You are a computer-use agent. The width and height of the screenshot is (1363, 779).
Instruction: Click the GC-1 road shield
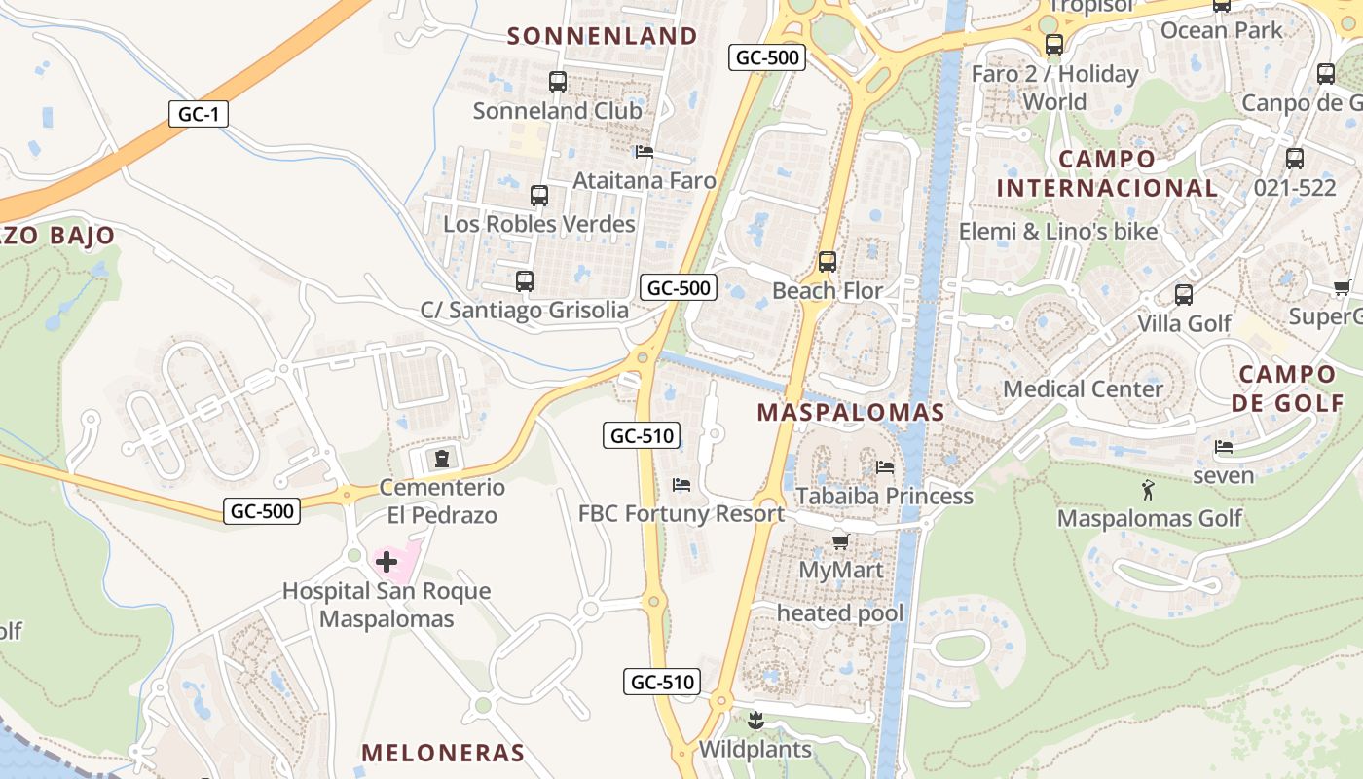[198, 114]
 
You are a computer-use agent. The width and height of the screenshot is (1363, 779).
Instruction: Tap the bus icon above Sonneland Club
[558, 82]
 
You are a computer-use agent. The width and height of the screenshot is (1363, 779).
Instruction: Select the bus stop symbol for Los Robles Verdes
[539, 196]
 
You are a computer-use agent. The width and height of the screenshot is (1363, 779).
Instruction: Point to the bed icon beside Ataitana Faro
[644, 152]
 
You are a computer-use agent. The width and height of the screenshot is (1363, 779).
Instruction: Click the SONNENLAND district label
[603, 36]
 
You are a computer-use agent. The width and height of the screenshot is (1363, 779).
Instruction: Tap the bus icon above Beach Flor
[828, 261]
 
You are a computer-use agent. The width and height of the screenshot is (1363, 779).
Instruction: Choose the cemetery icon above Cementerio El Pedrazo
[442, 458]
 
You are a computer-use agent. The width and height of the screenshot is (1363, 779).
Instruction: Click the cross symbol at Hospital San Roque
[387, 561]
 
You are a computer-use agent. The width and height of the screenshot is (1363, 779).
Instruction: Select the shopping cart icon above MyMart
[840, 540]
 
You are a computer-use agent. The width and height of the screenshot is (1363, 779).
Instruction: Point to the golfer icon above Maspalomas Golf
[1149, 489]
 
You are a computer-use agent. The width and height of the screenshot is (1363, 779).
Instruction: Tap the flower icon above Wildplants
[755, 722]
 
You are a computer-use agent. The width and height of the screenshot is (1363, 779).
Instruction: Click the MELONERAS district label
[443, 753]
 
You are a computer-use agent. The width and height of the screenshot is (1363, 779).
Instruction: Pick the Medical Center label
[1083, 389]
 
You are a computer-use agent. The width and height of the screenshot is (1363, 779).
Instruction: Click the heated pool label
[840, 613]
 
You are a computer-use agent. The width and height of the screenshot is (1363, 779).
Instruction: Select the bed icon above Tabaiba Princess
[885, 467]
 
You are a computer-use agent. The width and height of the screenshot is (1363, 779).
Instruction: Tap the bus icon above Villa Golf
[1184, 294]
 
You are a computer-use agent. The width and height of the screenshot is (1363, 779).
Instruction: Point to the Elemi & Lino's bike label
[1058, 232]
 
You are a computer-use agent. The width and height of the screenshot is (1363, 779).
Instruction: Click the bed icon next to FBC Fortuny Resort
[681, 485]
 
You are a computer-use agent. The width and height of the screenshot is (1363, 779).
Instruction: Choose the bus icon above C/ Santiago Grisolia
[525, 281]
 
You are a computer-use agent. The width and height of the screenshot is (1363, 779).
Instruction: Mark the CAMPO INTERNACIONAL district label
[1107, 173]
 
